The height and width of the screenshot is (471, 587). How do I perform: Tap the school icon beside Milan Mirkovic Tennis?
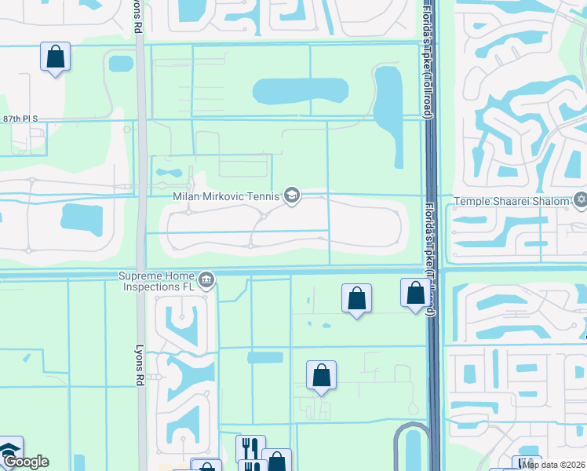click(x=292, y=195)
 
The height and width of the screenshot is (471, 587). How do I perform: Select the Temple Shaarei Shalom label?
click(x=510, y=201)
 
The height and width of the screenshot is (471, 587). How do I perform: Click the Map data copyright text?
click(x=553, y=465)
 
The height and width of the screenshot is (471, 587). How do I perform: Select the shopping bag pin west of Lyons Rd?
click(x=55, y=57)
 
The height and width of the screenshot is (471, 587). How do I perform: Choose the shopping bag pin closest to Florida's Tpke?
click(x=415, y=294)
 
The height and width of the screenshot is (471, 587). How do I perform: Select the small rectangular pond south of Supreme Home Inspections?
click(x=265, y=358)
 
